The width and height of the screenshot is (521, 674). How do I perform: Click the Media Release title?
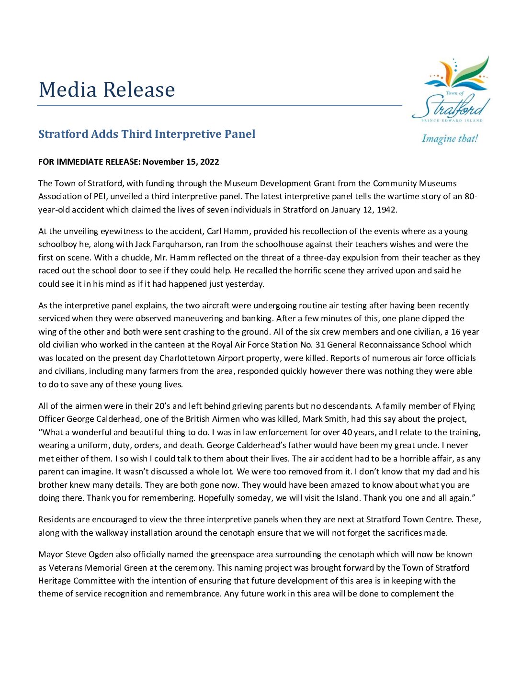pos(107,90)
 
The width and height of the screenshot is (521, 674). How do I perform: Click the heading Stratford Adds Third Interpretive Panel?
pos(147,134)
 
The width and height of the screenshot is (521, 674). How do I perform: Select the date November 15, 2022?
pos(181,162)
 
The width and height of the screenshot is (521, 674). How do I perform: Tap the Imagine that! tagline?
pos(450,139)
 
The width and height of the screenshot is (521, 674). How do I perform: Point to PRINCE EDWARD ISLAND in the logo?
pos(452,121)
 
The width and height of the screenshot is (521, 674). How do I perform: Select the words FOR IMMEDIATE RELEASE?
pos(89,162)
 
